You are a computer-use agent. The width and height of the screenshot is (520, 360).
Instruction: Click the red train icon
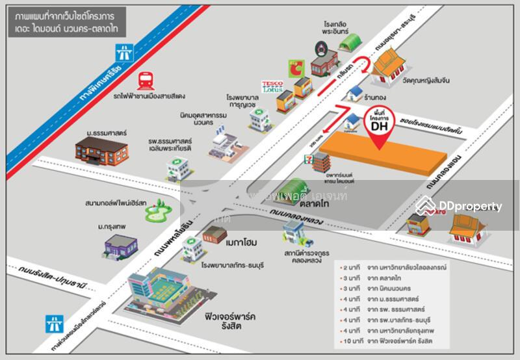(x=145, y=81)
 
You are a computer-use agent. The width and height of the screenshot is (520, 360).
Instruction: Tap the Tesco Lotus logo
(x=272, y=87)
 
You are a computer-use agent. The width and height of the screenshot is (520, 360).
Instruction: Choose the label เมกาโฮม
(x=242, y=242)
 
